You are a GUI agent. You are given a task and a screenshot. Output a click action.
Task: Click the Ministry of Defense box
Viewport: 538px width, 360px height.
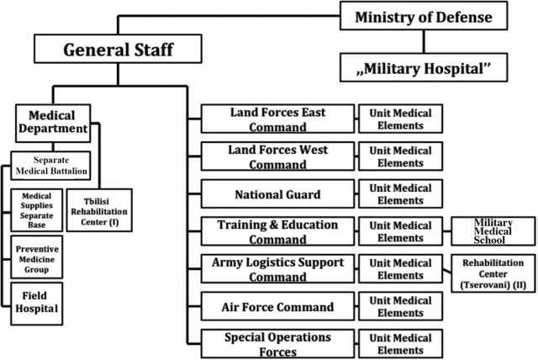coord(424,16)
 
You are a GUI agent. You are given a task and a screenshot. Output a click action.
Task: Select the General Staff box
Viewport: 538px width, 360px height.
coord(118,49)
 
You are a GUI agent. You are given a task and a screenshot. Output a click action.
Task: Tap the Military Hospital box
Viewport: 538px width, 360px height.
coord(424,67)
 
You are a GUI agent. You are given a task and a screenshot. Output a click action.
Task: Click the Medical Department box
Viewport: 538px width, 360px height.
coord(53,123)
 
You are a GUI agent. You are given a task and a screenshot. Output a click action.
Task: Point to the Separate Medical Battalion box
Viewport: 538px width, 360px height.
coord(50,166)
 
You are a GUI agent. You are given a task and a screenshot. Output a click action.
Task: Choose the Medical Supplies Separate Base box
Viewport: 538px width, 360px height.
coord(37,210)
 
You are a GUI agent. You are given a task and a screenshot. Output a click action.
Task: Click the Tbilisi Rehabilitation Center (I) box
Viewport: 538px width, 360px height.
coord(99,210)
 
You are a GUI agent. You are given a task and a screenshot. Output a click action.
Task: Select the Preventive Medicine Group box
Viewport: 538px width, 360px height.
coord(37,257)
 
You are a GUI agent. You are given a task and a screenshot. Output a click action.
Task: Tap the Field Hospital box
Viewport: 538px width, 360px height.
coord(37,304)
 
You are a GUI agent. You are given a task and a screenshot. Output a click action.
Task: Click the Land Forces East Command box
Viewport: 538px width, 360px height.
coord(277,119)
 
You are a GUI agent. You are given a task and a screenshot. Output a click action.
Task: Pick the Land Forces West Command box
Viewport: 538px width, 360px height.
coord(277,156)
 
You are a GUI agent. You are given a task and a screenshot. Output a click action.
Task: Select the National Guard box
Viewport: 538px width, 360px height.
coord(277,193)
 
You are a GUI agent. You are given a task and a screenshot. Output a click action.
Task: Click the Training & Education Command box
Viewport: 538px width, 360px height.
coord(277,231)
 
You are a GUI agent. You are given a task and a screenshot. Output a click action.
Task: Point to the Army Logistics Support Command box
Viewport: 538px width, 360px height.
coord(277,268)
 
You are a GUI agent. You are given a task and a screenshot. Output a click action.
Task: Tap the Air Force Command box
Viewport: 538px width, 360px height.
coord(277,306)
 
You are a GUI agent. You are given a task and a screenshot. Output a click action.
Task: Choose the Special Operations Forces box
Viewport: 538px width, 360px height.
coord(277,343)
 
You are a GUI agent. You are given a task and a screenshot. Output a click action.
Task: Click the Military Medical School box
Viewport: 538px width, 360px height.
coord(493,231)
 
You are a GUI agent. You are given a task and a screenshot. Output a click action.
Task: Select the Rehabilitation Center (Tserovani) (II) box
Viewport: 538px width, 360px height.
coord(493,273)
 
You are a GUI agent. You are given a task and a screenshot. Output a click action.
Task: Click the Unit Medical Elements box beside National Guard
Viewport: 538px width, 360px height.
coord(400,193)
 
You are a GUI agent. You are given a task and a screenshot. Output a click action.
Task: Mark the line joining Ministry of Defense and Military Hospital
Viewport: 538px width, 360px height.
coord(424,41)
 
